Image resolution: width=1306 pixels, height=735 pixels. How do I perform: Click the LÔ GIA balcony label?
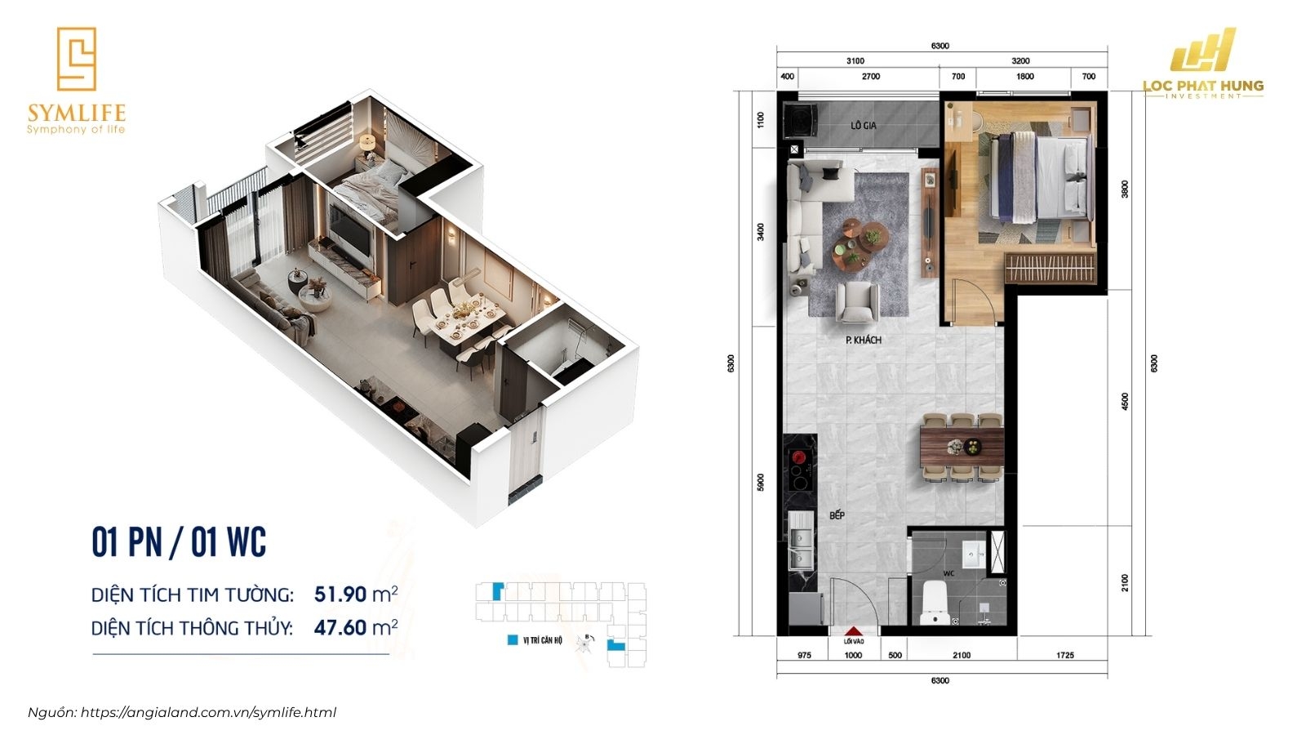863,125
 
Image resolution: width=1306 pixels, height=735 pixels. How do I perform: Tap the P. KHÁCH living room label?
863,340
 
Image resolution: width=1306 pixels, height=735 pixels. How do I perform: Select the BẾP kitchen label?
837,515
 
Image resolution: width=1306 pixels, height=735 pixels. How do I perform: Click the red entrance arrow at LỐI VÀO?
853,631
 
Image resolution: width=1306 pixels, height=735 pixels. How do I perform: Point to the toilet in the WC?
934,604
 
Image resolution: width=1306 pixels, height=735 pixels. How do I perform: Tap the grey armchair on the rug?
857,301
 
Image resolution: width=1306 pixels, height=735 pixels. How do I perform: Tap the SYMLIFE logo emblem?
76,59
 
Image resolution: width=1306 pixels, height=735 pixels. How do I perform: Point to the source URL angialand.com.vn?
209,712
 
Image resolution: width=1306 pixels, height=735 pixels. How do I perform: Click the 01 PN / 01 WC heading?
179,542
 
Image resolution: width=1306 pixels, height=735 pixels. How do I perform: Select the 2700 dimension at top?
871,77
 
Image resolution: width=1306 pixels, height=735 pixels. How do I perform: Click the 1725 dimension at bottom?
1064,655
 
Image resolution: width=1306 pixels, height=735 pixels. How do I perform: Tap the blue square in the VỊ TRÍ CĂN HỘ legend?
513,640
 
